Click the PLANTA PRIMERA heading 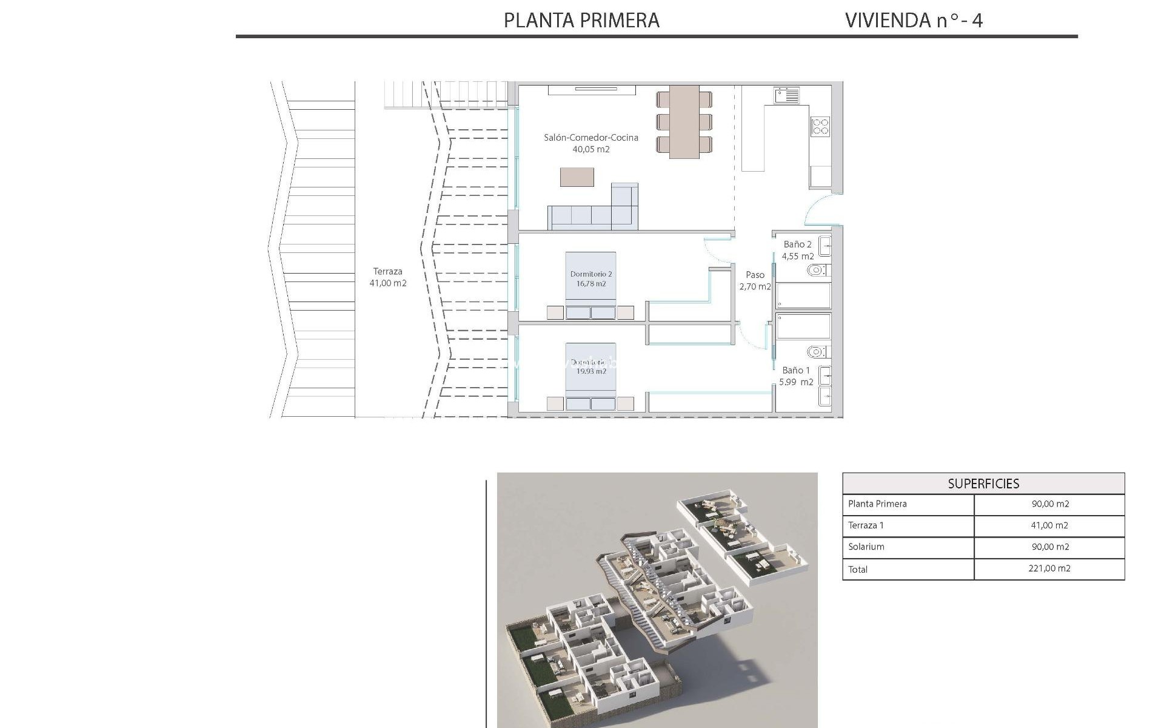click(581, 21)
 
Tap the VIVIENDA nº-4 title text click(913, 21)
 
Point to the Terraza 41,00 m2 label click(388, 277)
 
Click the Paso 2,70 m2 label click(755, 280)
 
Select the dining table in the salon click(684, 121)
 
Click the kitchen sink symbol click(786, 95)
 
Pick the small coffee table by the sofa click(577, 177)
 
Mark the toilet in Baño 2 click(817, 270)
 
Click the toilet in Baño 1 click(817, 351)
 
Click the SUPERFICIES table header click(983, 484)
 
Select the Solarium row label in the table click(866, 547)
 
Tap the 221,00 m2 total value click(1049, 568)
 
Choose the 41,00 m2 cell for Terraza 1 click(1049, 525)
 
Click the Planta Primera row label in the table click(877, 504)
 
